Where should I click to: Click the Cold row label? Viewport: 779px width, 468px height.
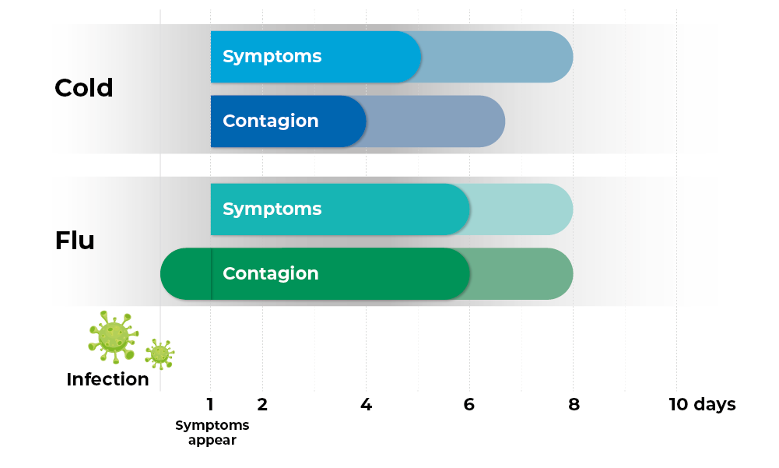[x=84, y=88]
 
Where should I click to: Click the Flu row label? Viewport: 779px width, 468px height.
[x=75, y=241]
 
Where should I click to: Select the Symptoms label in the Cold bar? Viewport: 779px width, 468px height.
[x=272, y=57]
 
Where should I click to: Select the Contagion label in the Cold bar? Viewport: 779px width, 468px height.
[x=270, y=121]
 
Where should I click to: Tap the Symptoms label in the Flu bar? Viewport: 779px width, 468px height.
[x=272, y=209]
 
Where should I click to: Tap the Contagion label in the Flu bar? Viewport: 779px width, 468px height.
[x=270, y=274]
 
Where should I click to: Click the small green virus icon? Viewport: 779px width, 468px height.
[x=160, y=354]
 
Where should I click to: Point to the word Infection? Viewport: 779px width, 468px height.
[x=107, y=380]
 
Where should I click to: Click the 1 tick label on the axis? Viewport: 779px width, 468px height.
[x=210, y=405]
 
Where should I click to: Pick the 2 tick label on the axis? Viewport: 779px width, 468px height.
[x=262, y=405]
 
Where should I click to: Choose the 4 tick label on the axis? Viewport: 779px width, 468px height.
[x=366, y=405]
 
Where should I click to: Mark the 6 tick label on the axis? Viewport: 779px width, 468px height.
[x=469, y=405]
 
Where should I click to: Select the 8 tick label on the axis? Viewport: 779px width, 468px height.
[x=574, y=405]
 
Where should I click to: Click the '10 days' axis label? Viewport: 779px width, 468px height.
[x=702, y=405]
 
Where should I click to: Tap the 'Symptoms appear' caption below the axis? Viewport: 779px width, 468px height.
[x=212, y=432]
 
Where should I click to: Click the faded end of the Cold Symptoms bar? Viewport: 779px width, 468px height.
[x=498, y=57]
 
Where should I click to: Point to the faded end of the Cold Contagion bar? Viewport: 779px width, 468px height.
[x=436, y=121]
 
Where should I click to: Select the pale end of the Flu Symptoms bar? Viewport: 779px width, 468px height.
[x=521, y=209]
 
